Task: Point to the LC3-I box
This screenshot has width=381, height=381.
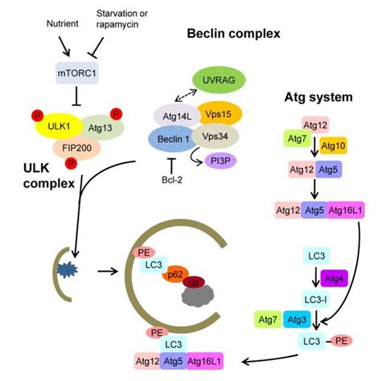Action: [316, 300]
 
